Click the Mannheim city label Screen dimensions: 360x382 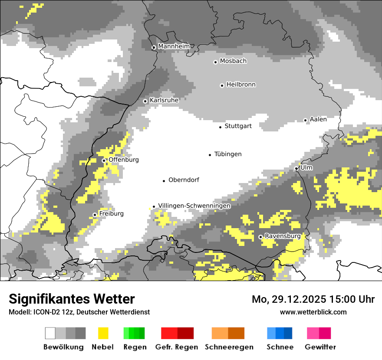click(x=174, y=46)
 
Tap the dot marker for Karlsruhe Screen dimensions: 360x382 click(x=145, y=101)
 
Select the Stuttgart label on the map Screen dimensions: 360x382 click(x=238, y=126)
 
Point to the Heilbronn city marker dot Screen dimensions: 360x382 click(x=222, y=85)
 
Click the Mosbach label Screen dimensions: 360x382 click(x=233, y=61)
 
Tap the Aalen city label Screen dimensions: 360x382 click(x=318, y=119)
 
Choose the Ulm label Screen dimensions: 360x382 click(x=306, y=167)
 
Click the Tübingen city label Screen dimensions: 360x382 click(x=228, y=154)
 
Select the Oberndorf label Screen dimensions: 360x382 click(x=184, y=180)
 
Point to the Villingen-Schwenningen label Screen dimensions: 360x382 click(x=194, y=206)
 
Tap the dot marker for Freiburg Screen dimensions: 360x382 click(x=95, y=215)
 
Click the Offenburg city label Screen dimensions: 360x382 click(x=124, y=160)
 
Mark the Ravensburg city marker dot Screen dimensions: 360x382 click(x=260, y=237)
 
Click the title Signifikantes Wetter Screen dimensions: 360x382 click(x=72, y=299)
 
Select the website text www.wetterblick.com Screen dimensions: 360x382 click(x=313, y=312)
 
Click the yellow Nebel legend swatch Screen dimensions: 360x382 click(x=103, y=333)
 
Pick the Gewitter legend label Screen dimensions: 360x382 click(x=320, y=347)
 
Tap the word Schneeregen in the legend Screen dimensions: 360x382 click(x=229, y=347)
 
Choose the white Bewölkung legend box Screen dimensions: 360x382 click(x=50, y=333)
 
